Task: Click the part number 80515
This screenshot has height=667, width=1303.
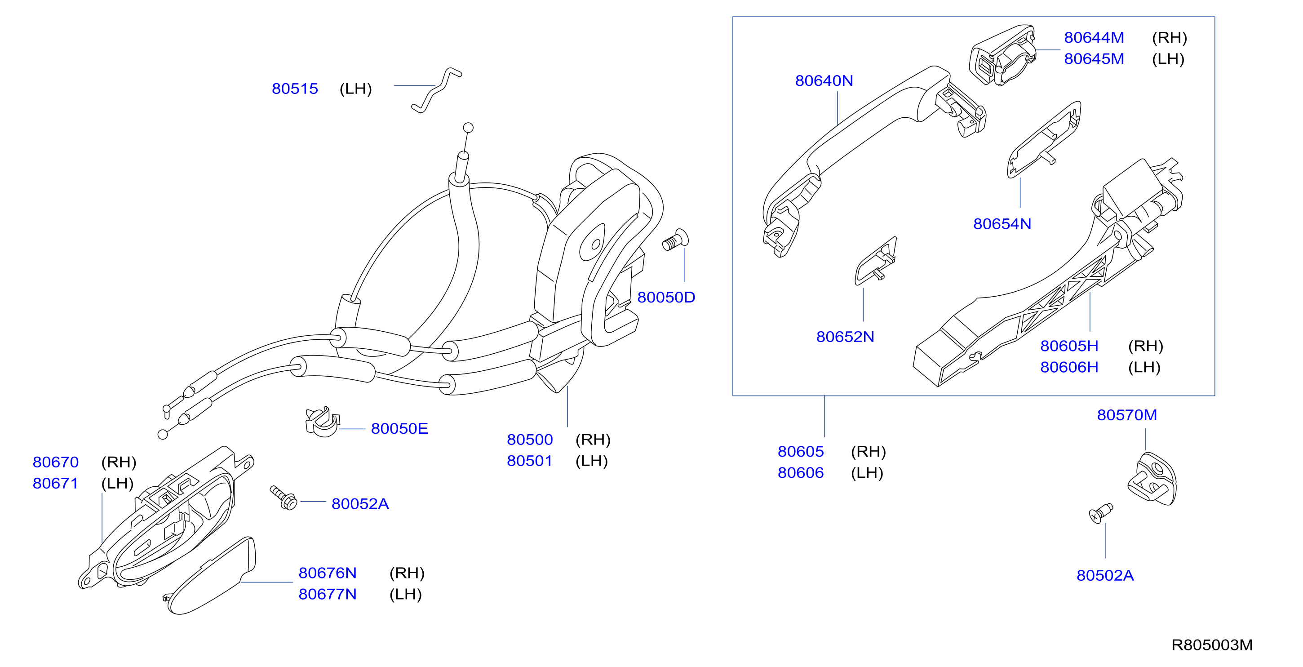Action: [295, 89]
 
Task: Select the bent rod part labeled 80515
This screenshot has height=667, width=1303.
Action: [436, 90]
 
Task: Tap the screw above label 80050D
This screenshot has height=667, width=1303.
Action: [675, 240]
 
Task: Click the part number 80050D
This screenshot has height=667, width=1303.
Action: [666, 297]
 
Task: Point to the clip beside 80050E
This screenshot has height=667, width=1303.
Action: [322, 422]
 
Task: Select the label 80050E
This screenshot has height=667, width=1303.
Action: [399, 429]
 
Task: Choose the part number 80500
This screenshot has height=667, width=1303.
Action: [530, 439]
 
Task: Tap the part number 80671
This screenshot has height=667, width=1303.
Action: [56, 483]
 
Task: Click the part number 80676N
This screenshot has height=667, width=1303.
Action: [327, 573]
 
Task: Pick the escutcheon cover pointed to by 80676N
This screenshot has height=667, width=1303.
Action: [212, 576]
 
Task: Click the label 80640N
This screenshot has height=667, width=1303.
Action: [824, 80]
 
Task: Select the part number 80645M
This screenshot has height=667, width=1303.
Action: [1094, 59]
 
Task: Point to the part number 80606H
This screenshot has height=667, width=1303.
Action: [1069, 367]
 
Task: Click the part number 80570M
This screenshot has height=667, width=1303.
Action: [1127, 415]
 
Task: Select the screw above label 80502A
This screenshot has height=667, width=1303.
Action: [1101, 513]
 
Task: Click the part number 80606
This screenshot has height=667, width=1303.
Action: [801, 473]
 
